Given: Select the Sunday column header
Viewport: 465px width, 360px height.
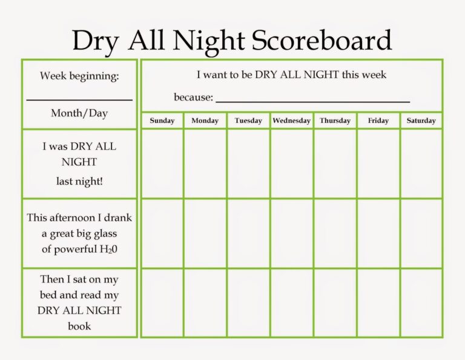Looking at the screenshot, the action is click(162, 121).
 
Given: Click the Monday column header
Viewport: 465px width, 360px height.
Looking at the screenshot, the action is click(205, 121).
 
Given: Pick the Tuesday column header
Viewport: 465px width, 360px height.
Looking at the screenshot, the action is click(248, 121).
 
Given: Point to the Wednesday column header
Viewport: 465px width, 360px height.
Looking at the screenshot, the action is click(291, 121).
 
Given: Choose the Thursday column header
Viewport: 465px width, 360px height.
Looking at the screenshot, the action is click(335, 121).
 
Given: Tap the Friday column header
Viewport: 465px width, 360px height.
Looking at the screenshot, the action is click(378, 121).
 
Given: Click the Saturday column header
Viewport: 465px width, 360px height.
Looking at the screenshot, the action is click(421, 121).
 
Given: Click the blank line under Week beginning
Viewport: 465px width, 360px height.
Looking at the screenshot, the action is click(79, 99).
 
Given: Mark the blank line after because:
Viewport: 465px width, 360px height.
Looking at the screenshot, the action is click(312, 101).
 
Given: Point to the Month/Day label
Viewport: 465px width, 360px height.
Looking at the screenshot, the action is click(79, 113).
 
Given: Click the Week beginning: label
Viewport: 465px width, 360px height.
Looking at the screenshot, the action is click(79, 76).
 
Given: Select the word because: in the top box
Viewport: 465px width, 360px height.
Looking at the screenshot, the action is click(194, 97).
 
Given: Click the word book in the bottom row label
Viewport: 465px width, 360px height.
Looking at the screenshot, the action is click(79, 326).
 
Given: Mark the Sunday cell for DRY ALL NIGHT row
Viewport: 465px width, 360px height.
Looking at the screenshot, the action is click(162, 164).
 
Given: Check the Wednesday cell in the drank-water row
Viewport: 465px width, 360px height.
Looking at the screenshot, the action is click(291, 233).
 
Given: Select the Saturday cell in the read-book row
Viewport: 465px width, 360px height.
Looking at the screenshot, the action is click(421, 302).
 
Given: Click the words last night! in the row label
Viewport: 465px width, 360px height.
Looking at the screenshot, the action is click(79, 181).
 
